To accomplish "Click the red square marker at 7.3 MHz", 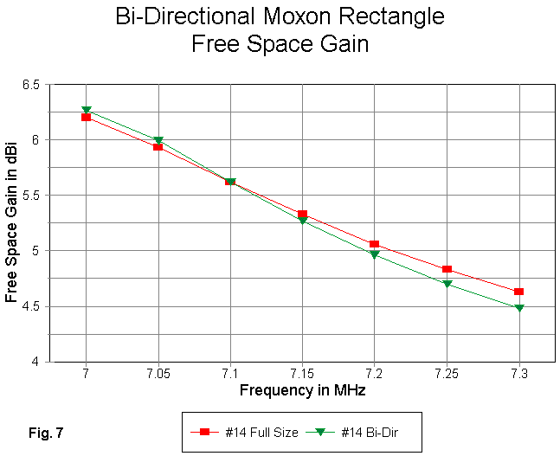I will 518,292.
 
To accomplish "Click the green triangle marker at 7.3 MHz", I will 518,308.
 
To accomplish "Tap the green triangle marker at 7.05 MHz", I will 158,140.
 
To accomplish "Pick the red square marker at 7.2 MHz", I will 375,244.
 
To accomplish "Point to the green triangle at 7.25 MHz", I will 447,284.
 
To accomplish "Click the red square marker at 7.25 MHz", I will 447,269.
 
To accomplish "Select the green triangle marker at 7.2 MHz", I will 375,255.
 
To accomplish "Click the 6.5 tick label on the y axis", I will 31,85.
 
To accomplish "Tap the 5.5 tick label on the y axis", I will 31,196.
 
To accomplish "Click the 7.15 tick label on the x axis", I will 302,375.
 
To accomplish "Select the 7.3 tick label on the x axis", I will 518,375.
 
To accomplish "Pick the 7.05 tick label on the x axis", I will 158,375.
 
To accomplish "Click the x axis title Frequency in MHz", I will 302,390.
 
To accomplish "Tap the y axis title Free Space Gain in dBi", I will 12,222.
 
